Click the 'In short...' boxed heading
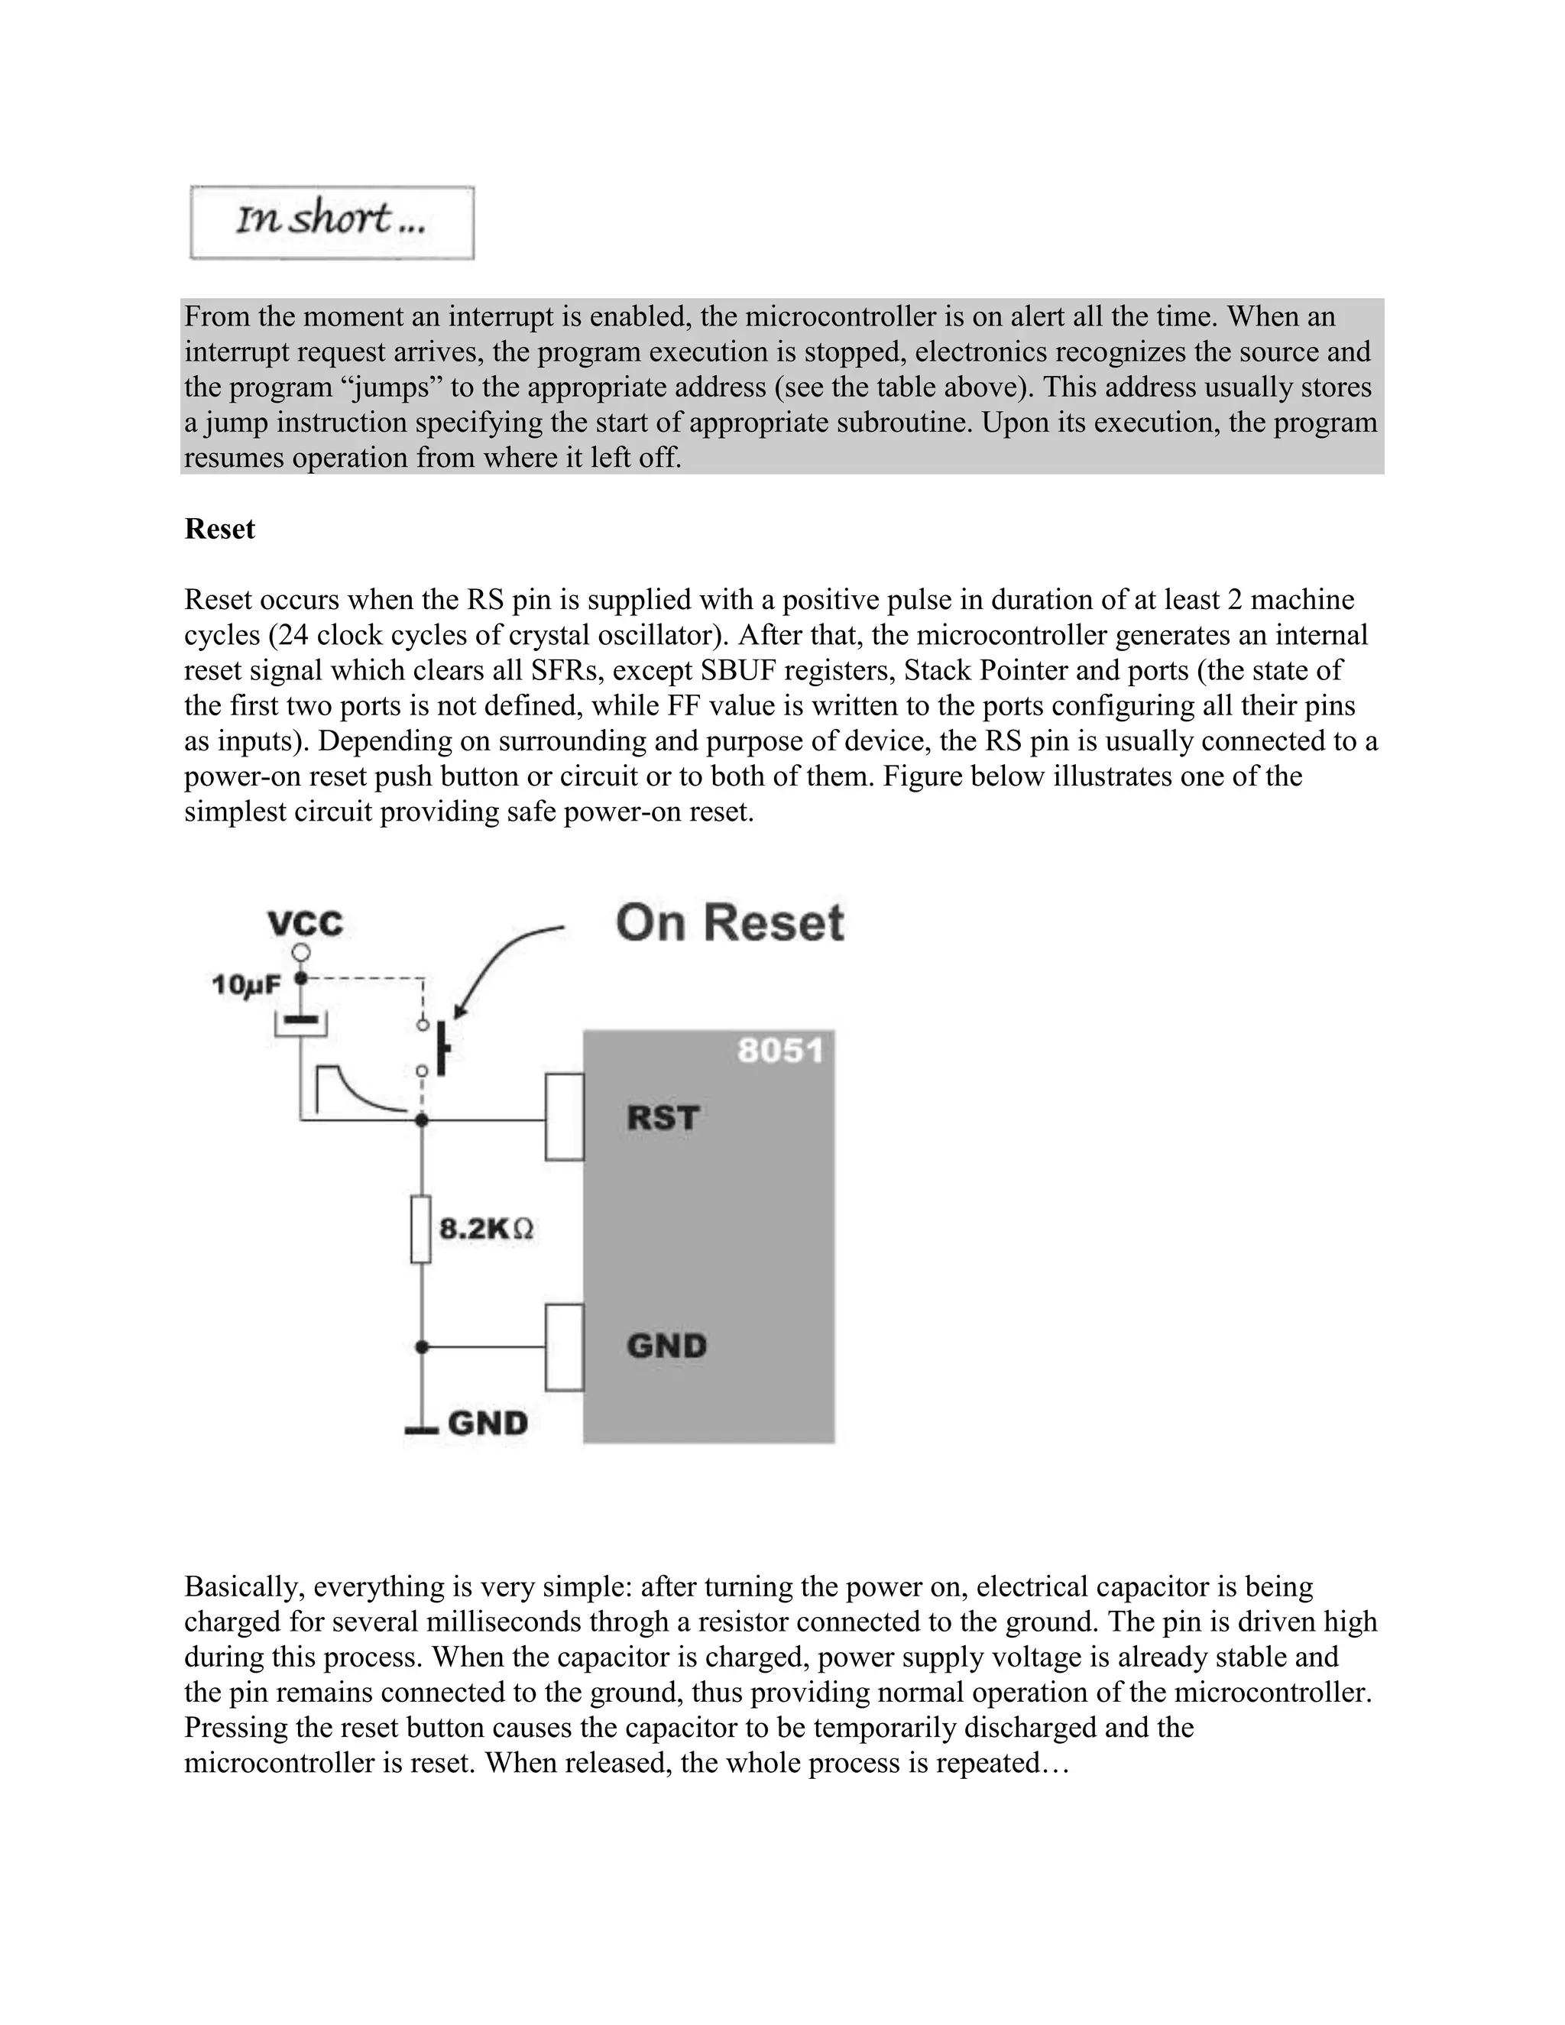[x=331, y=222]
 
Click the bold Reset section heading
[x=220, y=530]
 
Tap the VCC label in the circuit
[x=305, y=924]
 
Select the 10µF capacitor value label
[x=246, y=985]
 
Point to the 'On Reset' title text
[x=730, y=924]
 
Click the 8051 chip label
[x=779, y=1051]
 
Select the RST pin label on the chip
[x=662, y=1117]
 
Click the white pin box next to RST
[x=564, y=1116]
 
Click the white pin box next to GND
[x=564, y=1347]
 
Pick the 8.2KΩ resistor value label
[x=486, y=1230]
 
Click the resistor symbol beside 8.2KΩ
[x=421, y=1230]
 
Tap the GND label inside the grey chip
[x=666, y=1346]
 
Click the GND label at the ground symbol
[x=488, y=1424]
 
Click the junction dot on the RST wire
[x=421, y=1120]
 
